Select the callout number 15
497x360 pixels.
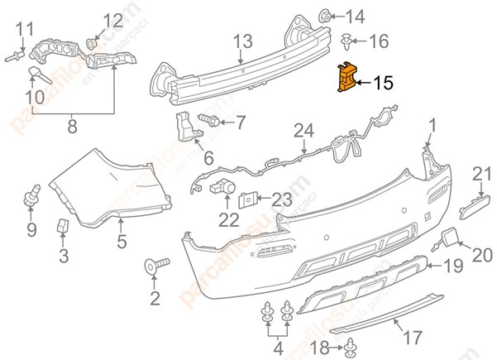383,83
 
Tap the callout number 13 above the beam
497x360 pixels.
241,41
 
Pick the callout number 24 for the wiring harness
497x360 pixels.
303,130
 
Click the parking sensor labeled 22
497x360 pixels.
222,188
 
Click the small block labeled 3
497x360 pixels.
63,225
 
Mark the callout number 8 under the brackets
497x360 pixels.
72,127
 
